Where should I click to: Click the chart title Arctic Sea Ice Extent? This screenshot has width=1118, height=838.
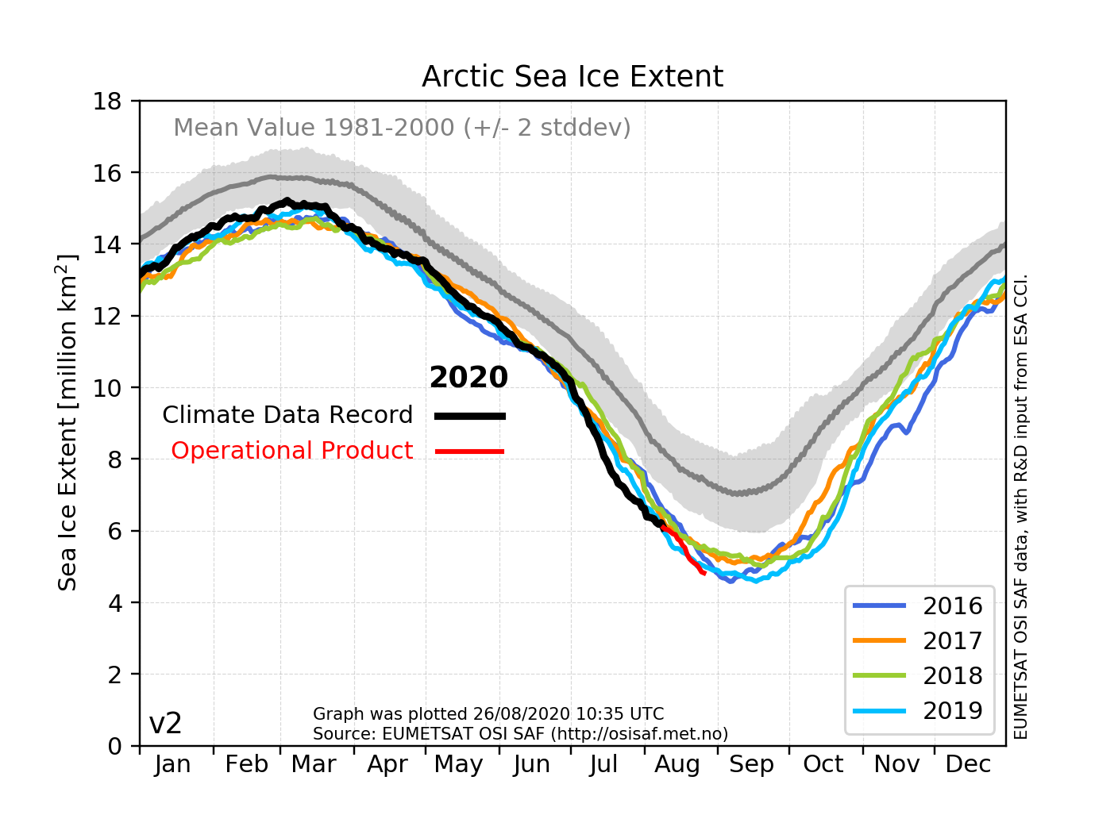tap(572, 77)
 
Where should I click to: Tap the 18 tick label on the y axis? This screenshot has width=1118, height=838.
tap(107, 102)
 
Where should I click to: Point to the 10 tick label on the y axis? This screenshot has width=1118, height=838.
tap(107, 388)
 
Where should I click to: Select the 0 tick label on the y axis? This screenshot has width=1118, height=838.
tap(115, 746)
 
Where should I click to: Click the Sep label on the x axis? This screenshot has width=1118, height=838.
tap(751, 764)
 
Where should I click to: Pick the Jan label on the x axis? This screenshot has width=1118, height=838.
tap(172, 764)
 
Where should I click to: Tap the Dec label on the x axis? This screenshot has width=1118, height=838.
tap(968, 764)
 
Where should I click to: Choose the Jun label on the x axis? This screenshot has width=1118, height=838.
tap(531, 764)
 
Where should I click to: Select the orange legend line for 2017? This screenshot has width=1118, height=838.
tap(879, 640)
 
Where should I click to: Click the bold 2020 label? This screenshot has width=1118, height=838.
tap(468, 378)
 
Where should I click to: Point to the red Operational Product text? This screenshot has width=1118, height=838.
tap(291, 451)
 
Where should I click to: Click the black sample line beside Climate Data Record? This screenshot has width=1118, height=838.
tap(470, 416)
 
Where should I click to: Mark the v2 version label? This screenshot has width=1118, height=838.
tap(165, 724)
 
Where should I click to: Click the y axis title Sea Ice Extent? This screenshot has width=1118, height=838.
tap(68, 422)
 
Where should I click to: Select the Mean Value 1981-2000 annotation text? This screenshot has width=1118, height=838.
tap(402, 128)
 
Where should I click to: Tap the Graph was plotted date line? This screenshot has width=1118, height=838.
tap(488, 714)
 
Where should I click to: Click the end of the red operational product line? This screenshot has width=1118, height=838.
tap(704, 573)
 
